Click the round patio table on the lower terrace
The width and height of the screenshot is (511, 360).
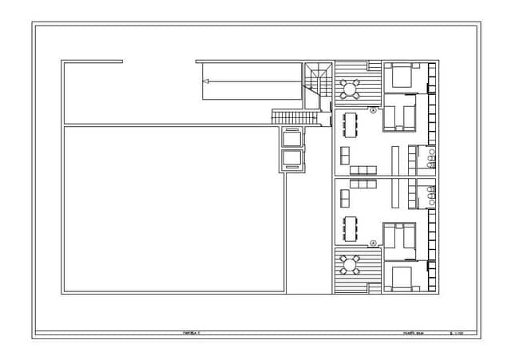[349, 263]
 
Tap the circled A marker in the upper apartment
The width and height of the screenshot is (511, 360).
[373, 110]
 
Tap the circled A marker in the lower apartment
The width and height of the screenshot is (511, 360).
[373, 241]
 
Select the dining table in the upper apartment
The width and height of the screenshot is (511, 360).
[350, 124]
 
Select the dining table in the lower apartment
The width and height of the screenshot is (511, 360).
[350, 227]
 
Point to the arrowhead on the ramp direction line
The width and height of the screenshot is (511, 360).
[206, 81]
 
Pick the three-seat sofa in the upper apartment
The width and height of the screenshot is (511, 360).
[363, 169]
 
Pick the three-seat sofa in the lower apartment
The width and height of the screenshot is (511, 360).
[363, 184]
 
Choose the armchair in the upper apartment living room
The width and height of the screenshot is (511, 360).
[345, 154]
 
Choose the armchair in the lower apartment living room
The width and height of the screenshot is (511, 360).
[345, 196]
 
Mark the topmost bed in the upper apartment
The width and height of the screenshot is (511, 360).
[401, 77]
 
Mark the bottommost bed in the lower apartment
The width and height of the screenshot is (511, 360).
[401, 278]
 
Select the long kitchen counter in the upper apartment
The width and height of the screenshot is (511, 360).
[394, 160]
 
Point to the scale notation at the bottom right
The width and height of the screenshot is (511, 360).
[458, 333]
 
